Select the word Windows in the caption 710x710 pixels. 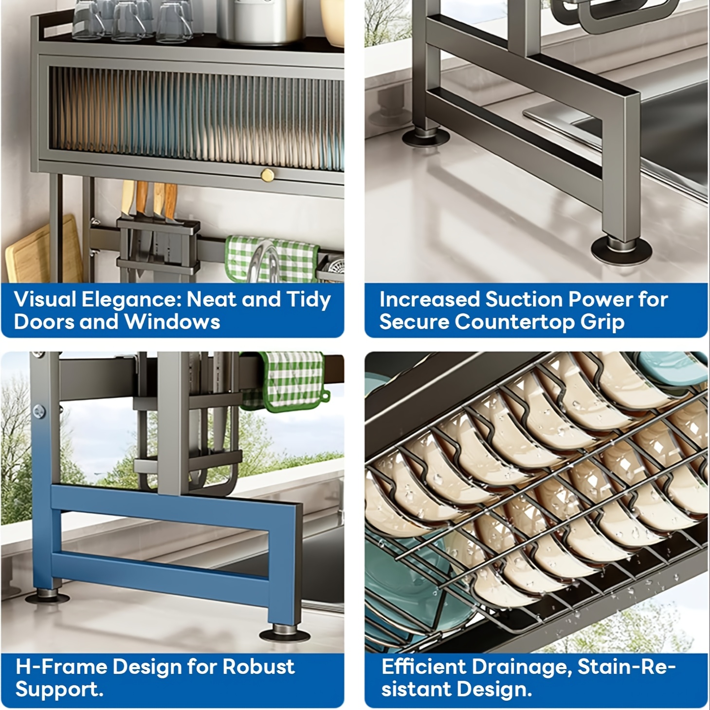172,321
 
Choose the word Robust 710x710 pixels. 258,667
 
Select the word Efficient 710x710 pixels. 424,667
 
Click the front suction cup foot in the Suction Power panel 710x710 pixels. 621,250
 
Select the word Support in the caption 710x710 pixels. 59,690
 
